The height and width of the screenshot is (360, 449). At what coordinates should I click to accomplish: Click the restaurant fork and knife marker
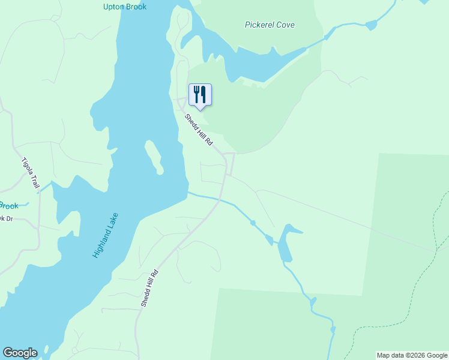200,95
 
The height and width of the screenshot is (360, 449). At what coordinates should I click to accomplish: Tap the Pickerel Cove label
270,25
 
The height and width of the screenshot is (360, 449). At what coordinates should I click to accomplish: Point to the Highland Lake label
106,236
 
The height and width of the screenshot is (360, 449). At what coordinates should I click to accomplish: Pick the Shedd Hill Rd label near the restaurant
199,130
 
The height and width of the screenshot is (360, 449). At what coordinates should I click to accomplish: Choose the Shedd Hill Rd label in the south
149,289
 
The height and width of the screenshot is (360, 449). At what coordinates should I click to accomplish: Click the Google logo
20,353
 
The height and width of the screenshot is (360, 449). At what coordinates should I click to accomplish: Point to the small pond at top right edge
370,25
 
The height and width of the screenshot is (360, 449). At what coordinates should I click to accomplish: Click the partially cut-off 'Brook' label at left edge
8,205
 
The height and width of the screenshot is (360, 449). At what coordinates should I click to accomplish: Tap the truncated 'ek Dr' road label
6,218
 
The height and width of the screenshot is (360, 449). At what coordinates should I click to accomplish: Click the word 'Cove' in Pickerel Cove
285,25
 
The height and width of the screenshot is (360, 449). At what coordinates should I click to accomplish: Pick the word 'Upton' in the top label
114,7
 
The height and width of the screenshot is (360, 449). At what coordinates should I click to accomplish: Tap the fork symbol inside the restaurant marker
196,94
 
